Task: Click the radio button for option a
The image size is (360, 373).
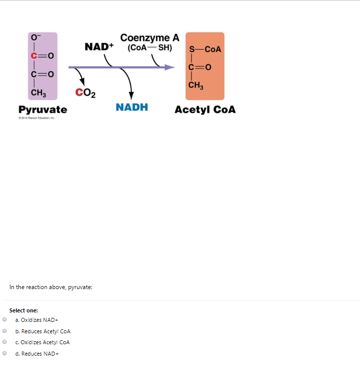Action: pos(4,320)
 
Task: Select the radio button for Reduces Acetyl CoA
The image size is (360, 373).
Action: pos(4,331)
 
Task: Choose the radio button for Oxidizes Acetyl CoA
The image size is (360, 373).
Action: pos(4,342)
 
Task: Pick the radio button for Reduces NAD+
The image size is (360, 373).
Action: pos(4,354)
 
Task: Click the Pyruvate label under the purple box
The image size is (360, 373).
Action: pos(43,109)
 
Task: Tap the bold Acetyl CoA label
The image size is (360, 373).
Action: pos(205,109)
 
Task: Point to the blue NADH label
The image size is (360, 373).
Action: pos(132,107)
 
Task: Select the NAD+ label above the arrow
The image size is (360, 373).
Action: pos(99,47)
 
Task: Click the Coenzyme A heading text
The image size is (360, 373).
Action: pos(150,38)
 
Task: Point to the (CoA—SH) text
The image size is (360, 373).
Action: pos(150,48)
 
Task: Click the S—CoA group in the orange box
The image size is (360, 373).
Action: pos(205,50)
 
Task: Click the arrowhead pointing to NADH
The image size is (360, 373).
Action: pos(131,97)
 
